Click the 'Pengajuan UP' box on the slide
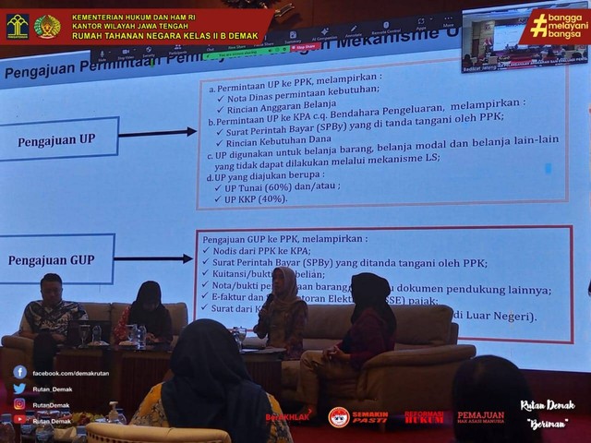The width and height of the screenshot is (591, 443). click(x=58, y=141)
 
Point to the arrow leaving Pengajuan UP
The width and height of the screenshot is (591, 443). click(x=157, y=134)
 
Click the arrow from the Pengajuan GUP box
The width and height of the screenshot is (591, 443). click(x=153, y=258)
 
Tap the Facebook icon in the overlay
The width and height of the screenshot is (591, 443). click(x=19, y=373)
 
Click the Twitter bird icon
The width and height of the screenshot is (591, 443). click(x=19, y=389)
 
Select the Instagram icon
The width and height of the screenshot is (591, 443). click(x=19, y=404)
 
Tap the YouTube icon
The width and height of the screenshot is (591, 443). click(x=19, y=420)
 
